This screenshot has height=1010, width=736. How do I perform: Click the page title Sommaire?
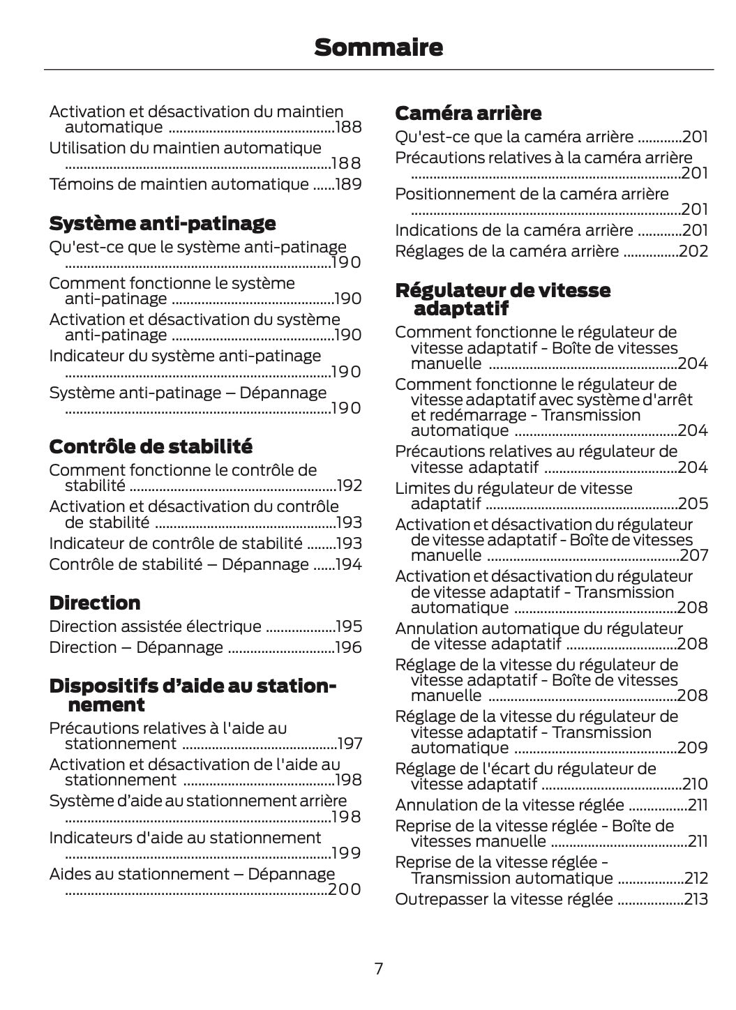(378, 47)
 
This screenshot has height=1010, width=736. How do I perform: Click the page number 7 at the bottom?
(378, 968)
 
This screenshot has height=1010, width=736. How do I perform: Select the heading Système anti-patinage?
(162, 223)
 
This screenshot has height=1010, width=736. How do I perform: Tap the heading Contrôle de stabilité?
(151, 446)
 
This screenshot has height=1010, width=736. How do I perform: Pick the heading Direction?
(94, 603)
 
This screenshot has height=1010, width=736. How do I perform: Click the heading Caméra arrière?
(467, 113)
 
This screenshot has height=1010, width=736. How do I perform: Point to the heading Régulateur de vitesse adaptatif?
(502, 299)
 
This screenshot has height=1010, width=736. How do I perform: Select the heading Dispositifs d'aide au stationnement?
(193, 695)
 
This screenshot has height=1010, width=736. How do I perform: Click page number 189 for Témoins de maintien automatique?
(347, 184)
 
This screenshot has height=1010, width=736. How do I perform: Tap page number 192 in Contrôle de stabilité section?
(349, 485)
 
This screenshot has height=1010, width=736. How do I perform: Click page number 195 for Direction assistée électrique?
(349, 626)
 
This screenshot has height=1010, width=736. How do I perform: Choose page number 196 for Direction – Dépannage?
(349, 647)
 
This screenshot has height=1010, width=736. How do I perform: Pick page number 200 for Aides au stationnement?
(345, 889)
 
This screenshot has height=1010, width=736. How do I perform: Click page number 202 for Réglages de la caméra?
(693, 251)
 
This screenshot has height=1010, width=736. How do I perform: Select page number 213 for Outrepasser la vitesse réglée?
(696, 899)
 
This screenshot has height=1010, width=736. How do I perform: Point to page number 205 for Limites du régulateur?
(693, 504)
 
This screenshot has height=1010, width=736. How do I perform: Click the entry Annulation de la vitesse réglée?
(509, 805)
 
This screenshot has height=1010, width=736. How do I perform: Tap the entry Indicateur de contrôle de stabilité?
(176, 543)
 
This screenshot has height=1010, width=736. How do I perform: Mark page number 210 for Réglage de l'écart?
(695, 784)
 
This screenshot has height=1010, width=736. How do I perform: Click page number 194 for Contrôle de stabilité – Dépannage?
(349, 564)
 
